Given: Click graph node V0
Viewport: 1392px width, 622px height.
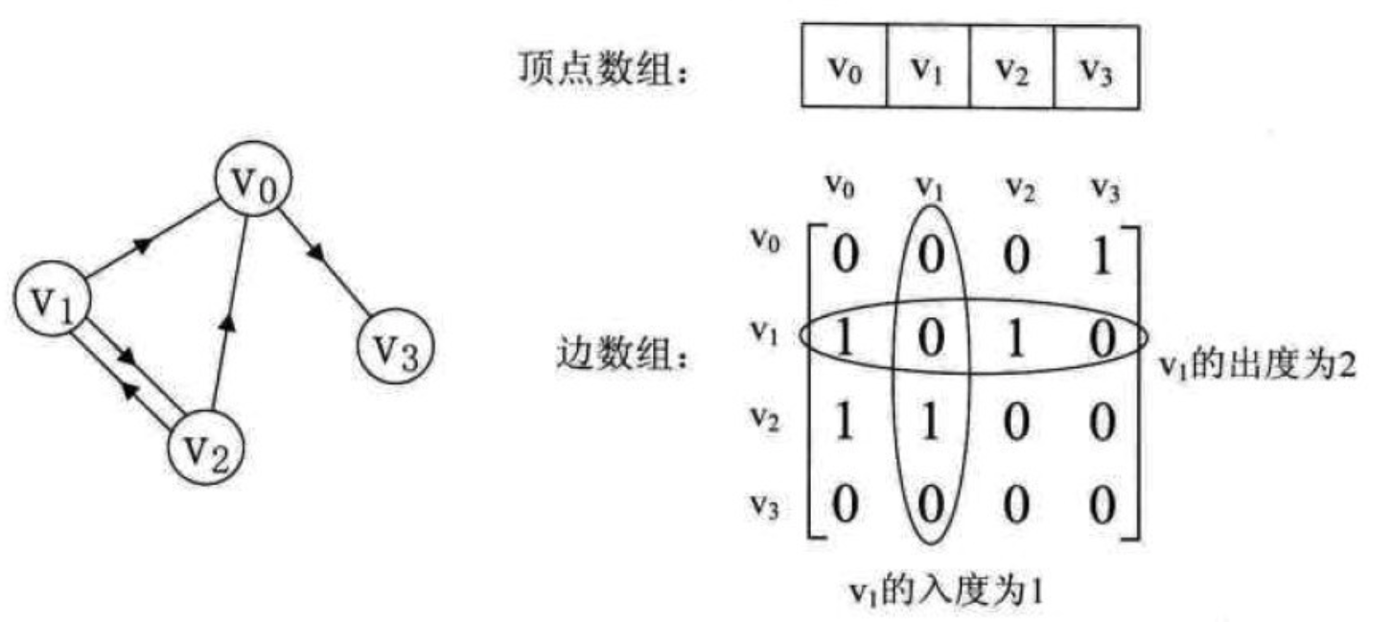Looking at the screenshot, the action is pos(253,179).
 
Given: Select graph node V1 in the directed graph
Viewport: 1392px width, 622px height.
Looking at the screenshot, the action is pos(53,299).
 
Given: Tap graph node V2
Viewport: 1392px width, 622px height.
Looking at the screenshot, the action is pos(206,448).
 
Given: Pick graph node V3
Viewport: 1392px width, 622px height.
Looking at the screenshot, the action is pos(396,346).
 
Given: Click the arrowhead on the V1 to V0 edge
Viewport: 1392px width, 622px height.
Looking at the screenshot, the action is pos(144,244).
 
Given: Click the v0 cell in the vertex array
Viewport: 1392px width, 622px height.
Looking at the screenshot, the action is pos(845,66).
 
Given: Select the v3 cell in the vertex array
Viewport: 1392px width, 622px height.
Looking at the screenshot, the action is pos(1097,66).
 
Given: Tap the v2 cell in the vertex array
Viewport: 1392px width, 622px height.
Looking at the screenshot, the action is pos(1012,66).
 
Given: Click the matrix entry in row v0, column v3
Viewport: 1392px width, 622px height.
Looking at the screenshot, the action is pos(1102,255).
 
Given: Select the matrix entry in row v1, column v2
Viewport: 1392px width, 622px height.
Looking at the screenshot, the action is pos(1016,339).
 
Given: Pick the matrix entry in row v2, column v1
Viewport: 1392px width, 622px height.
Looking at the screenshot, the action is pos(930,422).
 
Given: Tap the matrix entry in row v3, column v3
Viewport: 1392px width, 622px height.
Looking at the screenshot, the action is pos(1102,504).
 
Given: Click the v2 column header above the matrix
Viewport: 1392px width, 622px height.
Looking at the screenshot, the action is pos(1020,188).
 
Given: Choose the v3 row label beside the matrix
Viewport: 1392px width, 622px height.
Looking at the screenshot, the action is pos(764,506).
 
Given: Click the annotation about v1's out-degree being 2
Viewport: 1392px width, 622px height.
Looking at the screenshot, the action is pos(1256,364).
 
